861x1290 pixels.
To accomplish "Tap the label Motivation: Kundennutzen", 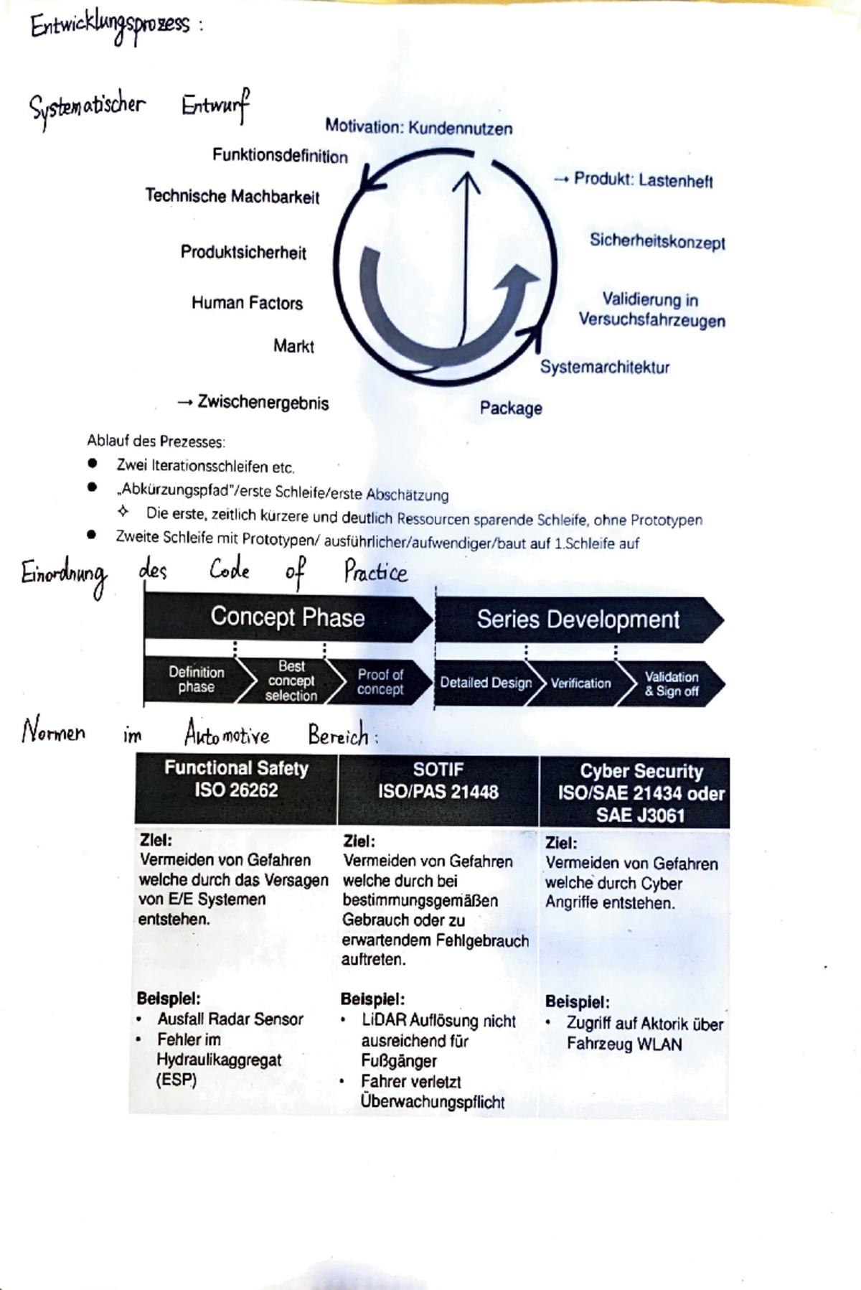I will click(418, 128).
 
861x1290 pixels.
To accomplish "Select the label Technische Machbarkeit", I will click(232, 196).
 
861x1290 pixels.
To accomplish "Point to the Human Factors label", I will click(247, 303).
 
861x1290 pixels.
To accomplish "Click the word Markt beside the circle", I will click(293, 346).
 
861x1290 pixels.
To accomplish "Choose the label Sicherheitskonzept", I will click(657, 241).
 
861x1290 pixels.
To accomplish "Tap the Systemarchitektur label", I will click(604, 368).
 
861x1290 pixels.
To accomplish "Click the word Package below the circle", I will click(510, 408).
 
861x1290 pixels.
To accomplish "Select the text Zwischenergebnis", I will click(263, 403).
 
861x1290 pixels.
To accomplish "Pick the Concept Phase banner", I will click(287, 617).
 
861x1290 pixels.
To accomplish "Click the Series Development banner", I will click(578, 619).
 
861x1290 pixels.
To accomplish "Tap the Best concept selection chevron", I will click(291, 681).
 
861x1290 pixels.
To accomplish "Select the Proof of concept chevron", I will click(380, 682).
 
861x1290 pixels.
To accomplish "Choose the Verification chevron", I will click(580, 683).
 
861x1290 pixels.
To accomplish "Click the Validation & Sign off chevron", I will click(672, 683).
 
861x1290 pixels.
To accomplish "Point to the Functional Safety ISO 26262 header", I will click(236, 779).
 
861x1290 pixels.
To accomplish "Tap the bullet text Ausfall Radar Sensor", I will click(230, 1019).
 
